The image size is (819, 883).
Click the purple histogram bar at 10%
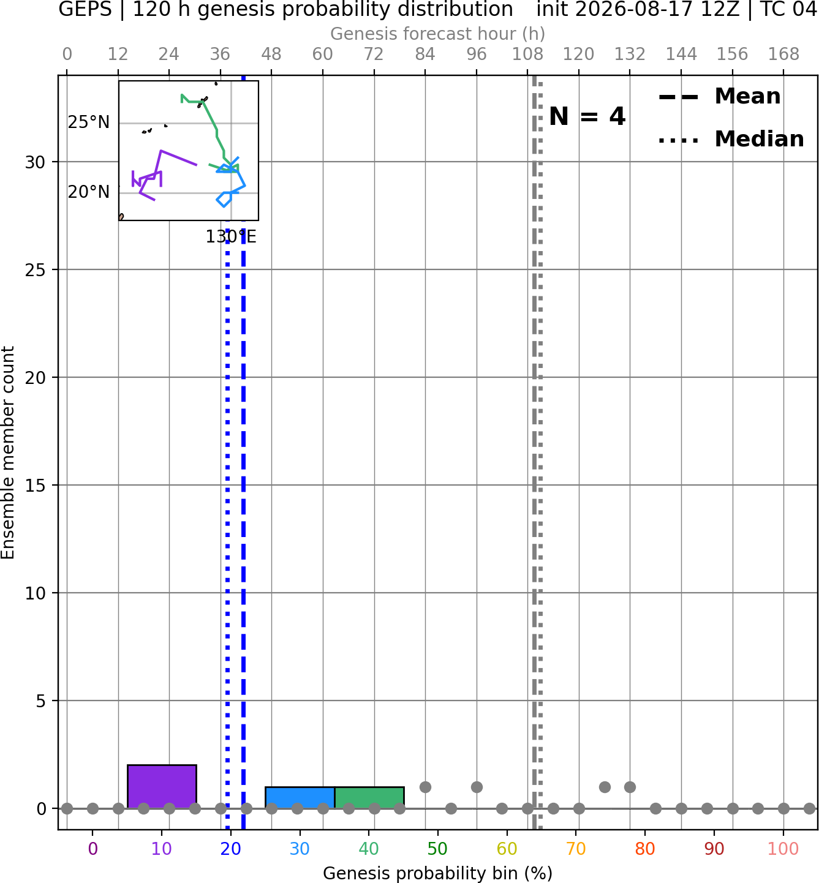(162, 786)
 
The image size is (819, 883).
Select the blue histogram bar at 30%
(300, 798)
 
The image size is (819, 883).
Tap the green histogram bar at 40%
(369, 798)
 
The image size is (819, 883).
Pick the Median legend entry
(731, 139)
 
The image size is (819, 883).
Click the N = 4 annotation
(587, 116)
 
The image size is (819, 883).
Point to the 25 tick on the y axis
(35, 270)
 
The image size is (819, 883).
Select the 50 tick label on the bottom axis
(437, 849)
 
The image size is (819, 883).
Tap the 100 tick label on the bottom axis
(783, 849)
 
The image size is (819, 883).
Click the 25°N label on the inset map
(89, 122)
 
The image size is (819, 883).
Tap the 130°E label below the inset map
(231, 237)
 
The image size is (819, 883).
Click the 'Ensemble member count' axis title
(7, 453)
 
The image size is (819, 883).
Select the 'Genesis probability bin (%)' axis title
(437, 873)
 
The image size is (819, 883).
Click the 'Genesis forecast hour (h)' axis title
(437, 34)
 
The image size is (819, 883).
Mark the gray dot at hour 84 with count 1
(425, 787)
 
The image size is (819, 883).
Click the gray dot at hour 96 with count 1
(477, 787)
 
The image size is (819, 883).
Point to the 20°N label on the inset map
(89, 192)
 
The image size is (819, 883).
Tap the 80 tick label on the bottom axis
(645, 849)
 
